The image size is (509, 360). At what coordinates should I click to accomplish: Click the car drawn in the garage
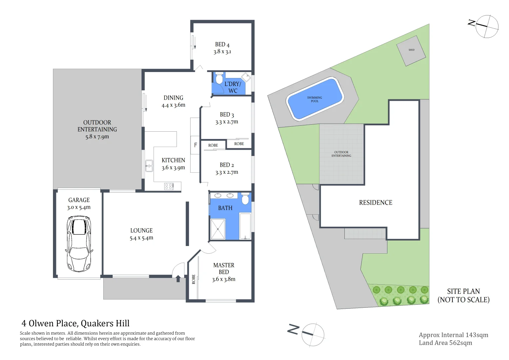pyautogui.click(x=79, y=244)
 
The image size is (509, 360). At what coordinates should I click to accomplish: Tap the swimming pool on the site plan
pyautogui.click(x=314, y=99)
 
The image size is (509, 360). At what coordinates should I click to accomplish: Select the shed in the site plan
pyautogui.click(x=411, y=50)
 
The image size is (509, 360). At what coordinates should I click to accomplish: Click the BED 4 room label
pyautogui.click(x=222, y=45)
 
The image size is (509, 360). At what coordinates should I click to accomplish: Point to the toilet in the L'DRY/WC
pyautogui.click(x=219, y=79)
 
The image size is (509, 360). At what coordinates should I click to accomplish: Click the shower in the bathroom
pyautogui.click(x=218, y=229)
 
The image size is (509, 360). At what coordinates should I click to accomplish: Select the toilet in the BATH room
pyautogui.click(x=245, y=199)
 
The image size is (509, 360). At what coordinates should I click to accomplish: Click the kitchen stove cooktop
pyautogui.click(x=169, y=186)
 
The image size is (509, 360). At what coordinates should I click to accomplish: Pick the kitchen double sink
pyautogui.click(x=149, y=166)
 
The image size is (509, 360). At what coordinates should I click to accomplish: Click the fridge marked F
pyautogui.click(x=195, y=145)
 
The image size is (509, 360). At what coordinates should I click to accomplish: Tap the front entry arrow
pyautogui.click(x=178, y=278)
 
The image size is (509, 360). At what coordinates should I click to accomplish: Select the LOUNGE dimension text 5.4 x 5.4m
pyautogui.click(x=142, y=238)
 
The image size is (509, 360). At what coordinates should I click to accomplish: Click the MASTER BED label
pyautogui.click(x=224, y=268)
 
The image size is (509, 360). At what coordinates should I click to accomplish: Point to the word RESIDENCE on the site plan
pyautogui.click(x=375, y=203)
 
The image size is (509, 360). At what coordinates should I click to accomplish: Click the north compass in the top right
pyautogui.click(x=486, y=26)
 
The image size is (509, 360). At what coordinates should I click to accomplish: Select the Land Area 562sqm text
pyautogui.click(x=445, y=343)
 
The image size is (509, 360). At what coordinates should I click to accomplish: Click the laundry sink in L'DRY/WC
pyautogui.click(x=246, y=77)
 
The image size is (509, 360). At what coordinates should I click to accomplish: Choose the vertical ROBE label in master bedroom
pyautogui.click(x=194, y=279)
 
